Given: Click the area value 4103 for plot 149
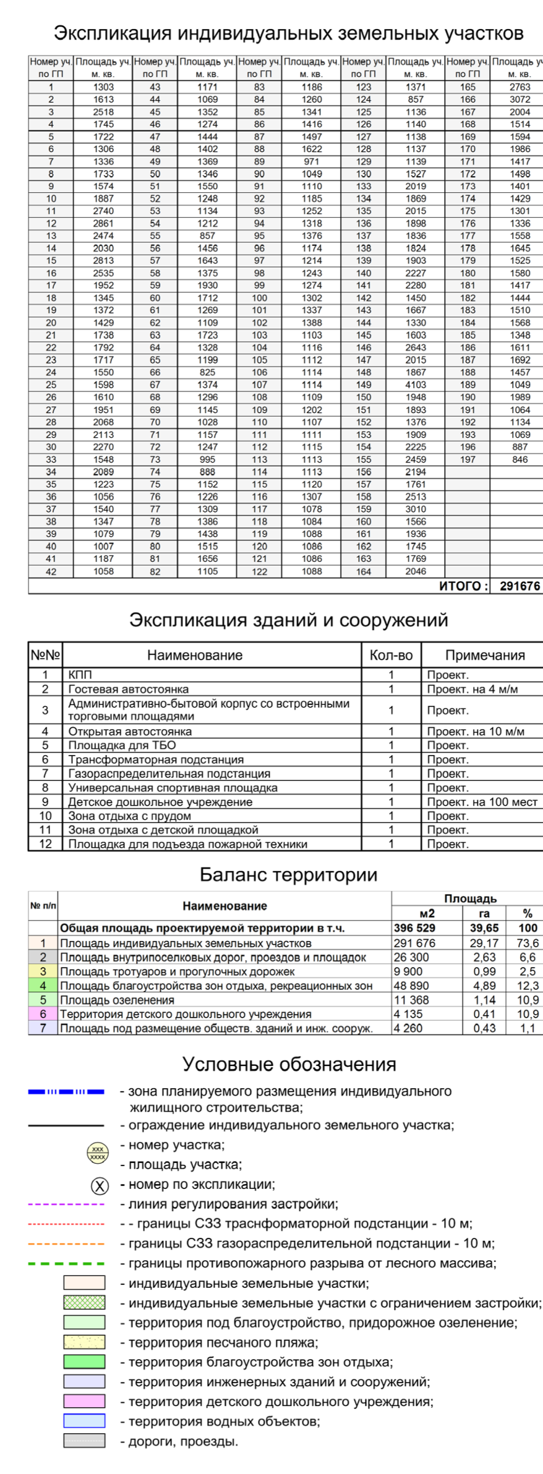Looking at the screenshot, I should click(x=416, y=385).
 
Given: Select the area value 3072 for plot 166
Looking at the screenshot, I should click(x=519, y=100).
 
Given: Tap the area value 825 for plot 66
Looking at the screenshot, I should click(x=207, y=372).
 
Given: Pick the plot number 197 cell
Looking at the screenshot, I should click(x=468, y=459).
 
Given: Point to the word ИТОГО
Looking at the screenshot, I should click(x=463, y=586).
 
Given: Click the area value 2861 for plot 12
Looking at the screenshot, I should click(x=103, y=223).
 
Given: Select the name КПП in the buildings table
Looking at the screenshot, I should click(x=80, y=675).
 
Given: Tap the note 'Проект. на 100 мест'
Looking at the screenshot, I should click(x=482, y=802).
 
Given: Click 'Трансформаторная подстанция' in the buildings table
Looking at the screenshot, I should click(x=156, y=759).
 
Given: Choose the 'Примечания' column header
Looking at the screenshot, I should click(x=485, y=655).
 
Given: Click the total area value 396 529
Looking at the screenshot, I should click(x=414, y=928).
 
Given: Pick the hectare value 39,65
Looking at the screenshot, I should click(x=484, y=928).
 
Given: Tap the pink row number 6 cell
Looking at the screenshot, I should click(x=43, y=1014).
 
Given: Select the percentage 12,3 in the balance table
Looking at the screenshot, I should click(x=527, y=986).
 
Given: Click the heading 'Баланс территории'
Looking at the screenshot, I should click(x=288, y=875).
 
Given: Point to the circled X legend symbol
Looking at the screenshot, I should click(x=100, y=1185).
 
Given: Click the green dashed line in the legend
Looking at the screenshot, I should click(x=66, y=1263).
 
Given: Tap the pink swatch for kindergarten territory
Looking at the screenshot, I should click(x=84, y=1401).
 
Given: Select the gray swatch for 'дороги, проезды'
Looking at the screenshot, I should click(x=84, y=1441).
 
